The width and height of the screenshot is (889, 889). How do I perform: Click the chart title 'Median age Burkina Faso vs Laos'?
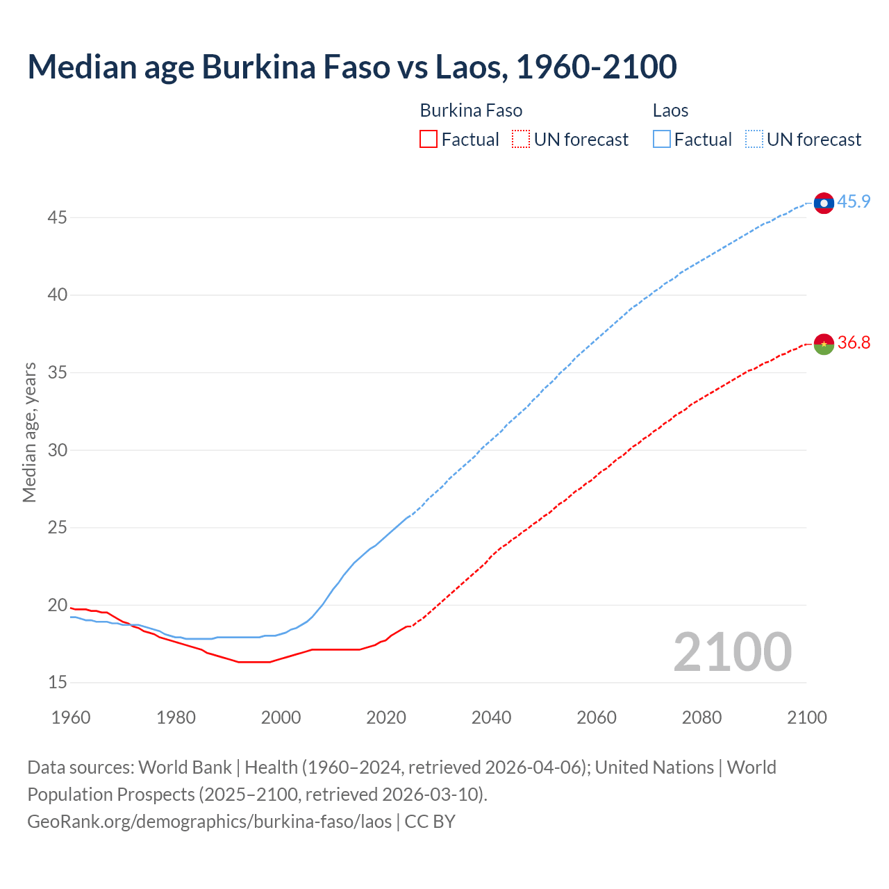coord(351,67)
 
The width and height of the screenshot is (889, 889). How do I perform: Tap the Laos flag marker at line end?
coord(824,203)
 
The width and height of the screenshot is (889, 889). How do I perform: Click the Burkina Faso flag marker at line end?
coord(824,344)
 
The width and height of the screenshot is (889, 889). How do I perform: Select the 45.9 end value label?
coord(854,202)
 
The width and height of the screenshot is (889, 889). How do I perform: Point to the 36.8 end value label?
coord(854,343)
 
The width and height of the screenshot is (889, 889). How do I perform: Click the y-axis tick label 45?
coord(57,218)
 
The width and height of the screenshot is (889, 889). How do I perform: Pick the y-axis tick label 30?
coord(57,451)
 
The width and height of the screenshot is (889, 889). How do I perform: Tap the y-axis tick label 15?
coord(57,683)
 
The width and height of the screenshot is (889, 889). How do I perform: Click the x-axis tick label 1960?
coord(71,717)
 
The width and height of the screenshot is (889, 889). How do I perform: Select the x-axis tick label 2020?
coord(386,717)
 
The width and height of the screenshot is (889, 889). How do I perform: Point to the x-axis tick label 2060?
coord(597,717)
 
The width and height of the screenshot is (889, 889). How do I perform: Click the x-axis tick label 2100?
coord(807,717)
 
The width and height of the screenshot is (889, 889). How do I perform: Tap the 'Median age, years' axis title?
coord(29,432)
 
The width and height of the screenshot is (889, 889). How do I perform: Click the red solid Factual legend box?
coord(429,140)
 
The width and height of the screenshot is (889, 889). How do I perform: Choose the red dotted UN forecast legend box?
coord(521,140)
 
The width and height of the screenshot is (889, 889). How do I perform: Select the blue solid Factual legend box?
coord(662,140)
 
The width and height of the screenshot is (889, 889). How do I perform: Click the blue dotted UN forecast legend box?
coord(754,140)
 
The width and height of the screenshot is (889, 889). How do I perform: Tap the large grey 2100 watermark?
coord(732,652)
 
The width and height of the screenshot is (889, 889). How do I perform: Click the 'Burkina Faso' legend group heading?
coord(471,111)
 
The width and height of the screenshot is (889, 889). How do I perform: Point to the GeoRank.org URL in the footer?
coord(209,822)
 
